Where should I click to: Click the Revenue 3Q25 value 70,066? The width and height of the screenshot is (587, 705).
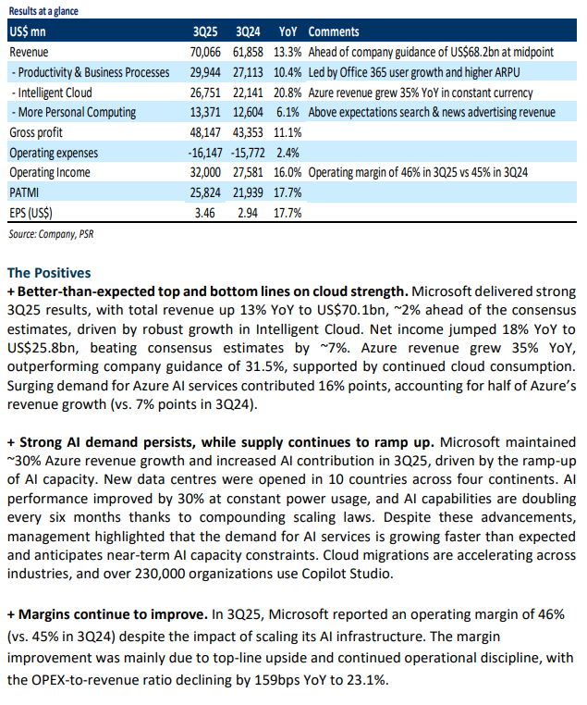205,52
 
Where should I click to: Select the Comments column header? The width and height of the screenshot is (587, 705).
334,32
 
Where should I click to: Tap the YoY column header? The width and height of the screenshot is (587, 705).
287,32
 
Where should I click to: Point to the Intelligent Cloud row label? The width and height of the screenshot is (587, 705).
52,93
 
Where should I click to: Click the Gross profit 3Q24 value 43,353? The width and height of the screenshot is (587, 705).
248,132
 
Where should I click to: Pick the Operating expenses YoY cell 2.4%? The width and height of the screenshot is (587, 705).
287,153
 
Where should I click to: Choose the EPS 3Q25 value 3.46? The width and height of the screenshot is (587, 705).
205,213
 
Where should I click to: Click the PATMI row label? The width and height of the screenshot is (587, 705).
24,192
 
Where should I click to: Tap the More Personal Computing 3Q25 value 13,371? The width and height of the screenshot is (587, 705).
205,112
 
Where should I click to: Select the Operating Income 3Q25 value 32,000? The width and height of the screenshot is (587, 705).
205,173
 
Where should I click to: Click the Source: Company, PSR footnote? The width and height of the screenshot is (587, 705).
51,234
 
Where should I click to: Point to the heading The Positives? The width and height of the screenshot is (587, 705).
49,273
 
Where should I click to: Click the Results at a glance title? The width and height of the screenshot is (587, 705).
43,11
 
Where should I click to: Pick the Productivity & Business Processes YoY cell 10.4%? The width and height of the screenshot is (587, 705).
287,72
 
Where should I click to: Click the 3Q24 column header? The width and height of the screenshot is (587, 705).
248,32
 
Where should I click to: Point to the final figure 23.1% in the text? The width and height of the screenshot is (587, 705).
368,680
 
